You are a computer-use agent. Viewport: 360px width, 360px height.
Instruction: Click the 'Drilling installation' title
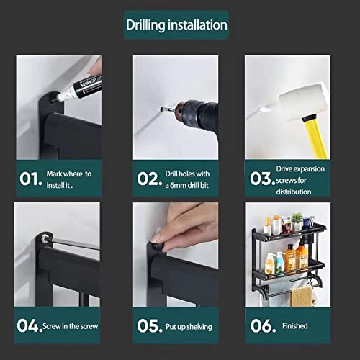tap(176, 25)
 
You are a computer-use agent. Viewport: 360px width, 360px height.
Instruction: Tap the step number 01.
tap(31, 179)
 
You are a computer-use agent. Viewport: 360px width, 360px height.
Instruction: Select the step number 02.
tap(150, 179)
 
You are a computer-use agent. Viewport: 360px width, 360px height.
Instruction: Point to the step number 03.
tap(263, 179)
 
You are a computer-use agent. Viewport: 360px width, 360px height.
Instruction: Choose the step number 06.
tap(264, 325)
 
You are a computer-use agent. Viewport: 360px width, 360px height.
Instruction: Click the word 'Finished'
tap(295, 326)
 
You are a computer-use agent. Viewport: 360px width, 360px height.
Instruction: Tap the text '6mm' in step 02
tap(178, 185)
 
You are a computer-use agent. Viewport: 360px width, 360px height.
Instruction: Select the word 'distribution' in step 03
tap(294, 192)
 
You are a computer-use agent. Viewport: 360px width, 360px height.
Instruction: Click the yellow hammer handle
tap(316, 138)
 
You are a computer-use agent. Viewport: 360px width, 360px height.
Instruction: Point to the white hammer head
tap(303, 101)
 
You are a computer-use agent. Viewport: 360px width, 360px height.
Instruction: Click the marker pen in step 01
tap(79, 89)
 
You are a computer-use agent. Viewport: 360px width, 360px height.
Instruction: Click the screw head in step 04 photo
tap(45, 238)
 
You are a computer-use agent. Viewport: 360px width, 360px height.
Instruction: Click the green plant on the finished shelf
tap(297, 218)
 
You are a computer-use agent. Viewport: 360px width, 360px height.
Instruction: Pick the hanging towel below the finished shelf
tap(302, 297)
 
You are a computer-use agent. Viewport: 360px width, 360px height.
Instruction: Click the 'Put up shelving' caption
tap(189, 327)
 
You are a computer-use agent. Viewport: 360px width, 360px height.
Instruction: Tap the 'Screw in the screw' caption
tap(71, 326)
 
